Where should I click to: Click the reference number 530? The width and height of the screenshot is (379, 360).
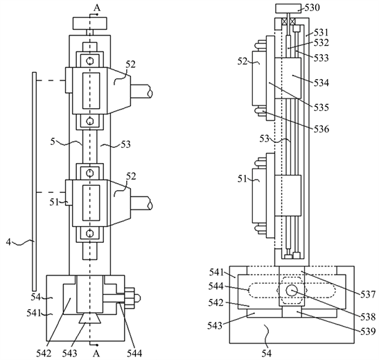coord(312,8)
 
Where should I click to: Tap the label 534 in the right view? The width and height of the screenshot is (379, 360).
coord(321,83)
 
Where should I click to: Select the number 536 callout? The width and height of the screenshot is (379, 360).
coord(321,129)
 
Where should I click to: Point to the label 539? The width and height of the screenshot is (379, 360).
coord(368,331)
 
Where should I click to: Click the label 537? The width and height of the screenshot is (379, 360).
coord(368,294)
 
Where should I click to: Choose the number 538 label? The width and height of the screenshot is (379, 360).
coord(368,317)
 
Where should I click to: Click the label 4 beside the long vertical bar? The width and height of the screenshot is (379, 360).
coord(9,242)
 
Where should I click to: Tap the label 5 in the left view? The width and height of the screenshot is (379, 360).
coord(53,142)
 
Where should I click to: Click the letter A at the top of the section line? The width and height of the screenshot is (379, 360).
coord(97,8)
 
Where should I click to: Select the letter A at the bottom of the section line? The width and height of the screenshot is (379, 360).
coord(96,354)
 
